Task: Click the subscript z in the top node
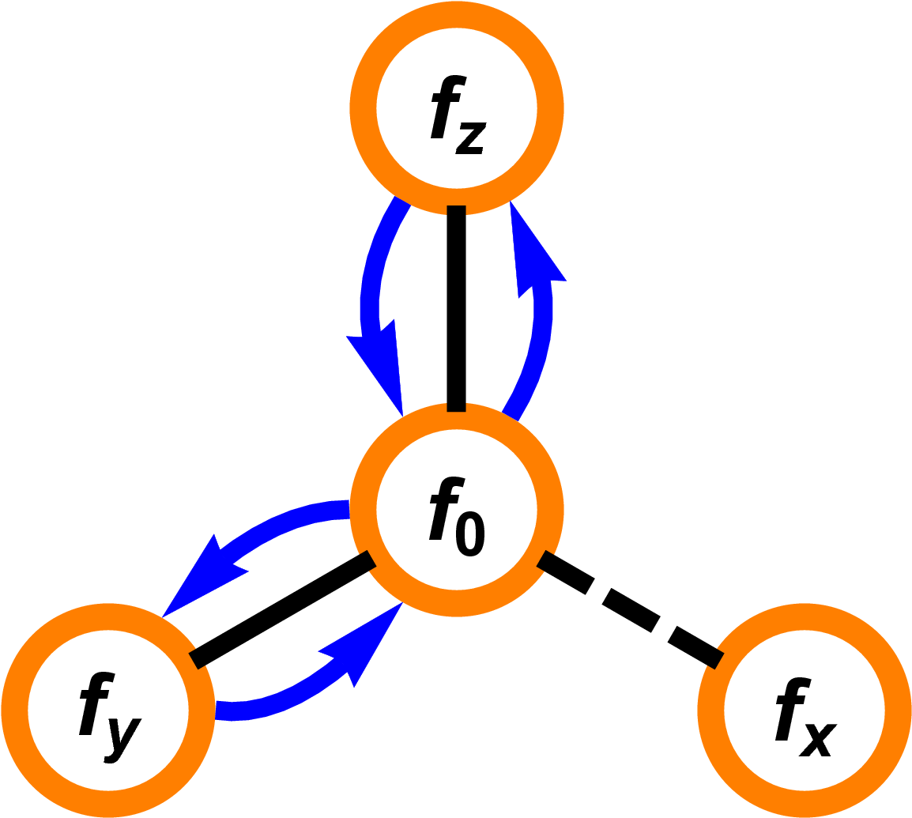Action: click(x=469, y=139)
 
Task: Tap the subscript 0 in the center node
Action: click(x=468, y=537)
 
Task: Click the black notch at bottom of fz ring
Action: click(x=456, y=209)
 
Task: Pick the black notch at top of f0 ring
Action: click(x=456, y=407)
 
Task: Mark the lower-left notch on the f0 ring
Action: click(x=370, y=560)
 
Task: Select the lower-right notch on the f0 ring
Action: click(x=543, y=560)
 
